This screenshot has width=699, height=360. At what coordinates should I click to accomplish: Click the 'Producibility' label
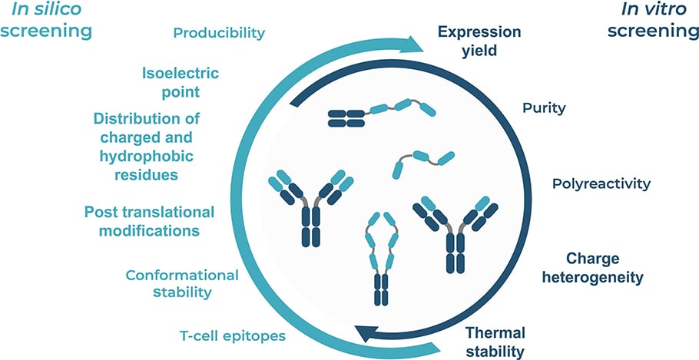pos(219,33)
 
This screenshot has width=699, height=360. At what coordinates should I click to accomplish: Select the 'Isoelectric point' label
pos(181,83)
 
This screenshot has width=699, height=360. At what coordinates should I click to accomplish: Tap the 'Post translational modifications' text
pos(149,220)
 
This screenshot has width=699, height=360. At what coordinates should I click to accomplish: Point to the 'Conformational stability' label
pos(182,283)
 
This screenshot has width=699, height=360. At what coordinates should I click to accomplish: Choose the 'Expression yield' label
pos(479,41)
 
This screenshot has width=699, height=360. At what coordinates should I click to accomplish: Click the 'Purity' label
pos(543,108)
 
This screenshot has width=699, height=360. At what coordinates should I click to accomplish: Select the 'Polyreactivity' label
pos(601,184)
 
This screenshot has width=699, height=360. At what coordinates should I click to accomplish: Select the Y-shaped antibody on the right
pos(456,230)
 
